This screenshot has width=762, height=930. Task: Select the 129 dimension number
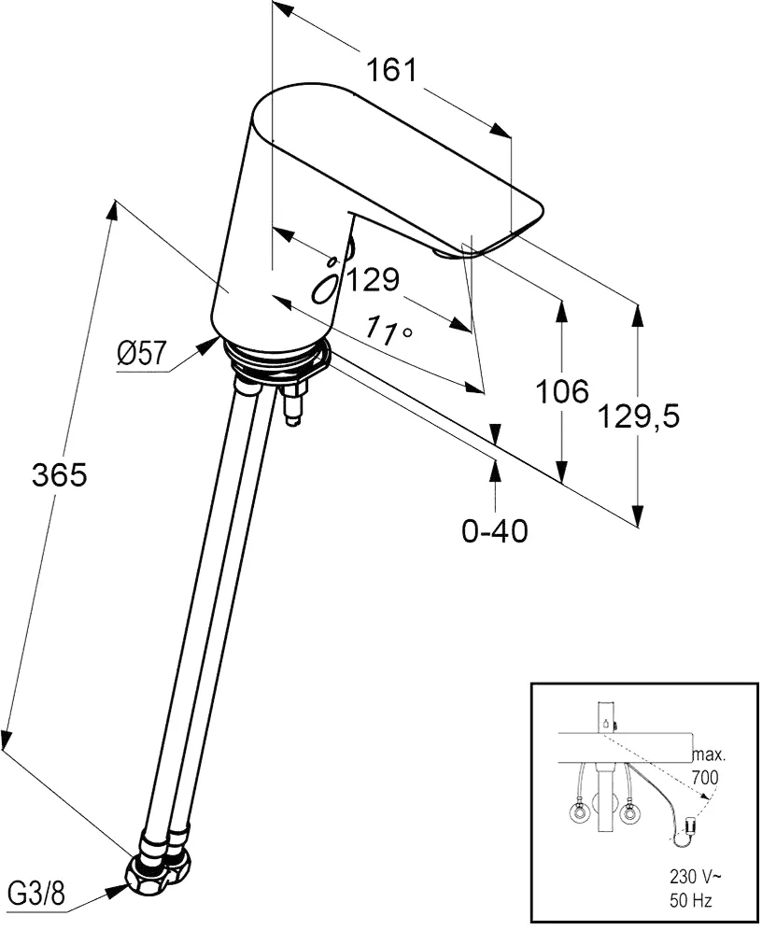(374, 279)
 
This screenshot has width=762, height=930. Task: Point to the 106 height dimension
(562, 391)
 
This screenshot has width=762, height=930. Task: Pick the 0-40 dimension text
(495, 530)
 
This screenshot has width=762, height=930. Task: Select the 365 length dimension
(59, 475)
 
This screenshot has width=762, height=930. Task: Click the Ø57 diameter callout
(142, 353)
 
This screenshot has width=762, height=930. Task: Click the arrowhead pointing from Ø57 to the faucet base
(207, 348)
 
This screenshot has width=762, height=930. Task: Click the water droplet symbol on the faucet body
(328, 281)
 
